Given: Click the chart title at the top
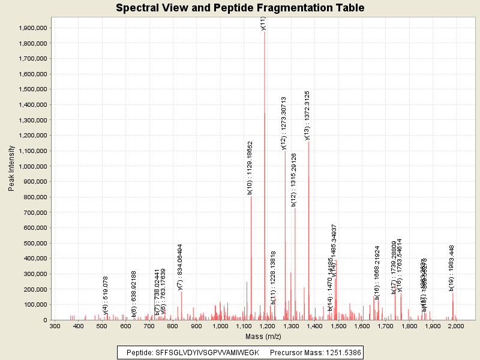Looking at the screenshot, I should tap(240, 8).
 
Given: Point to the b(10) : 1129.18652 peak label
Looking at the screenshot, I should tap(250, 168).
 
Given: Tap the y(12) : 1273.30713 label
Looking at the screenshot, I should tap(284, 123).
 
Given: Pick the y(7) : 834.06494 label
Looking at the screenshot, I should tap(180, 266).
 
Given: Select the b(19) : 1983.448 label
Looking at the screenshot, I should tap(452, 268).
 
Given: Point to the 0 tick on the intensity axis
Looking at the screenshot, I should tap(45, 320).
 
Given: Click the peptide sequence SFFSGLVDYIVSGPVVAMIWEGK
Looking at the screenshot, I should tap(207, 352).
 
